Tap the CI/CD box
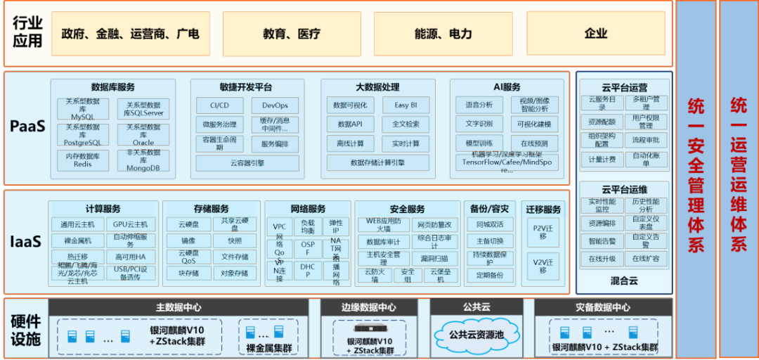[219, 105]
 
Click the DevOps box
[275, 105]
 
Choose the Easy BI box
[406, 105]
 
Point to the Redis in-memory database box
[83, 160]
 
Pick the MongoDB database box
[143, 160]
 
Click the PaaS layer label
[27, 127]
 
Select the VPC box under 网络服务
[280, 227]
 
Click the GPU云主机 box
[131, 225]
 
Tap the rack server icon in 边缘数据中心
[369, 328]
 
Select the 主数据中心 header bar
[179, 307]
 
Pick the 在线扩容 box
[644, 258]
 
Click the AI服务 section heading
[507, 87]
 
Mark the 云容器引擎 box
[247, 163]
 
